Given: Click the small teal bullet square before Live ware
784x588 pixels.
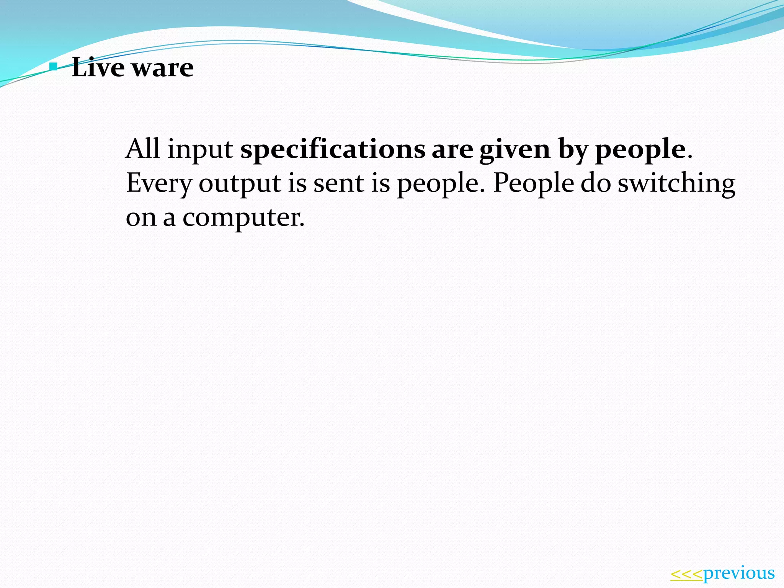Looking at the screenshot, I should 54,68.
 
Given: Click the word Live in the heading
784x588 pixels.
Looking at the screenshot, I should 98,67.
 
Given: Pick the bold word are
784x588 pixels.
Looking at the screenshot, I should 452,149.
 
